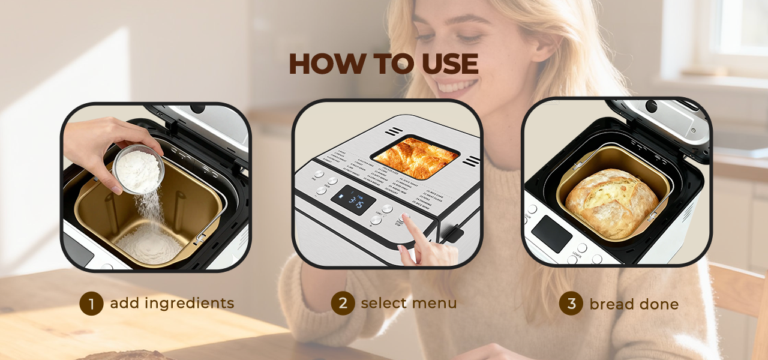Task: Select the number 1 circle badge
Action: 91,304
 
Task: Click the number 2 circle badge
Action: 343,303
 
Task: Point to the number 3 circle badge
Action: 571,304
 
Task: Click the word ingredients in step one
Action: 187,304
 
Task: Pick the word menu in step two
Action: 434,303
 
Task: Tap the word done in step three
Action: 655,304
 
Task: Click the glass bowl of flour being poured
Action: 138,168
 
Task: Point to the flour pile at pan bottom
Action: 149,245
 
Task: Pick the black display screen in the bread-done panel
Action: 551,233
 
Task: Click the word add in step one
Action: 124,304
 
